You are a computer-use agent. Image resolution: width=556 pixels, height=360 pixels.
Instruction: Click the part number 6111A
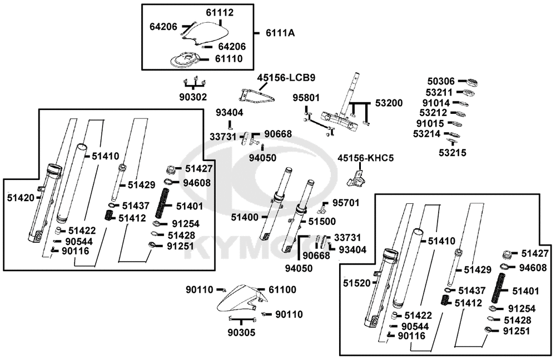click(280, 33)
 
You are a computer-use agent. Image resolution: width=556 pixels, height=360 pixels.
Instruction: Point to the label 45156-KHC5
click(366, 158)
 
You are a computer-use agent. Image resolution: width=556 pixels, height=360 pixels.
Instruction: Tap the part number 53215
click(453, 152)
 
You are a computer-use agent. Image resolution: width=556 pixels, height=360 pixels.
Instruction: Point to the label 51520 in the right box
click(356, 283)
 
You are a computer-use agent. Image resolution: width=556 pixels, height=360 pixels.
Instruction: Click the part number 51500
click(322, 221)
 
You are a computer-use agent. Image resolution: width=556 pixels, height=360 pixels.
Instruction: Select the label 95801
click(306, 98)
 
